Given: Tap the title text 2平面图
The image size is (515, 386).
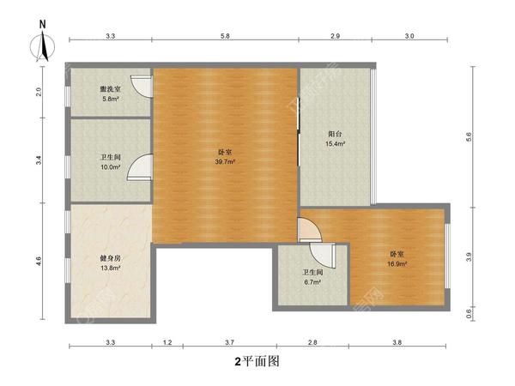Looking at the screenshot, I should coord(257,362).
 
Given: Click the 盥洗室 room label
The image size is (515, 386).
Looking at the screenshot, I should coord(109,89).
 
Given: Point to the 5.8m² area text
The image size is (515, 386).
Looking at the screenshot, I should coord(109,98).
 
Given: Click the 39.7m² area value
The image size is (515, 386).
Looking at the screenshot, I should coord(225,161).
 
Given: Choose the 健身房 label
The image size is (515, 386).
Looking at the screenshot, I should coord(109,259).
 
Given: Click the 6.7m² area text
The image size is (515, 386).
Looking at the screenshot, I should coord(311,281).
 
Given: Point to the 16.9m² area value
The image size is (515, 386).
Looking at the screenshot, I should coord(397,264).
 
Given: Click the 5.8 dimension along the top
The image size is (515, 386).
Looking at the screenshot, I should coord(225,36).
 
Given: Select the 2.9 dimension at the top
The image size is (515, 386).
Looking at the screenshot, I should coord(336,36).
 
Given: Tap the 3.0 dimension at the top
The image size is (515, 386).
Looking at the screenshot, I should coord(409,36).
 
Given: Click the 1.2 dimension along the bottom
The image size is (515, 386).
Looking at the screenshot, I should coord(167,343).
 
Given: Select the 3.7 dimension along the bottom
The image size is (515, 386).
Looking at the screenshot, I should coord(223,343).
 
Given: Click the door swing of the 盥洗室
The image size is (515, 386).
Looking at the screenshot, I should coord(146,85).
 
